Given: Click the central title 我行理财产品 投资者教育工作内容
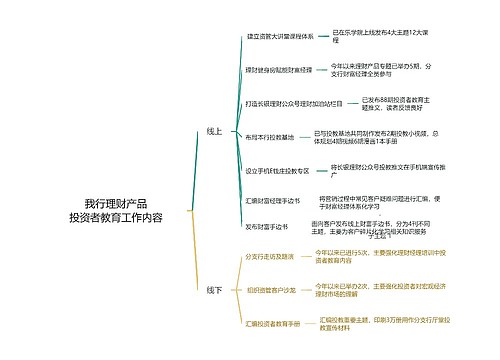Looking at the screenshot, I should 115,210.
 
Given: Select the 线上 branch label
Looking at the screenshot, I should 214,131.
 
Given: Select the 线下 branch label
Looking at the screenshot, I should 214,291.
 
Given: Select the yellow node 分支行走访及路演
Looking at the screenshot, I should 270,257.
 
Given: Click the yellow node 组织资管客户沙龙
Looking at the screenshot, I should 270,290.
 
